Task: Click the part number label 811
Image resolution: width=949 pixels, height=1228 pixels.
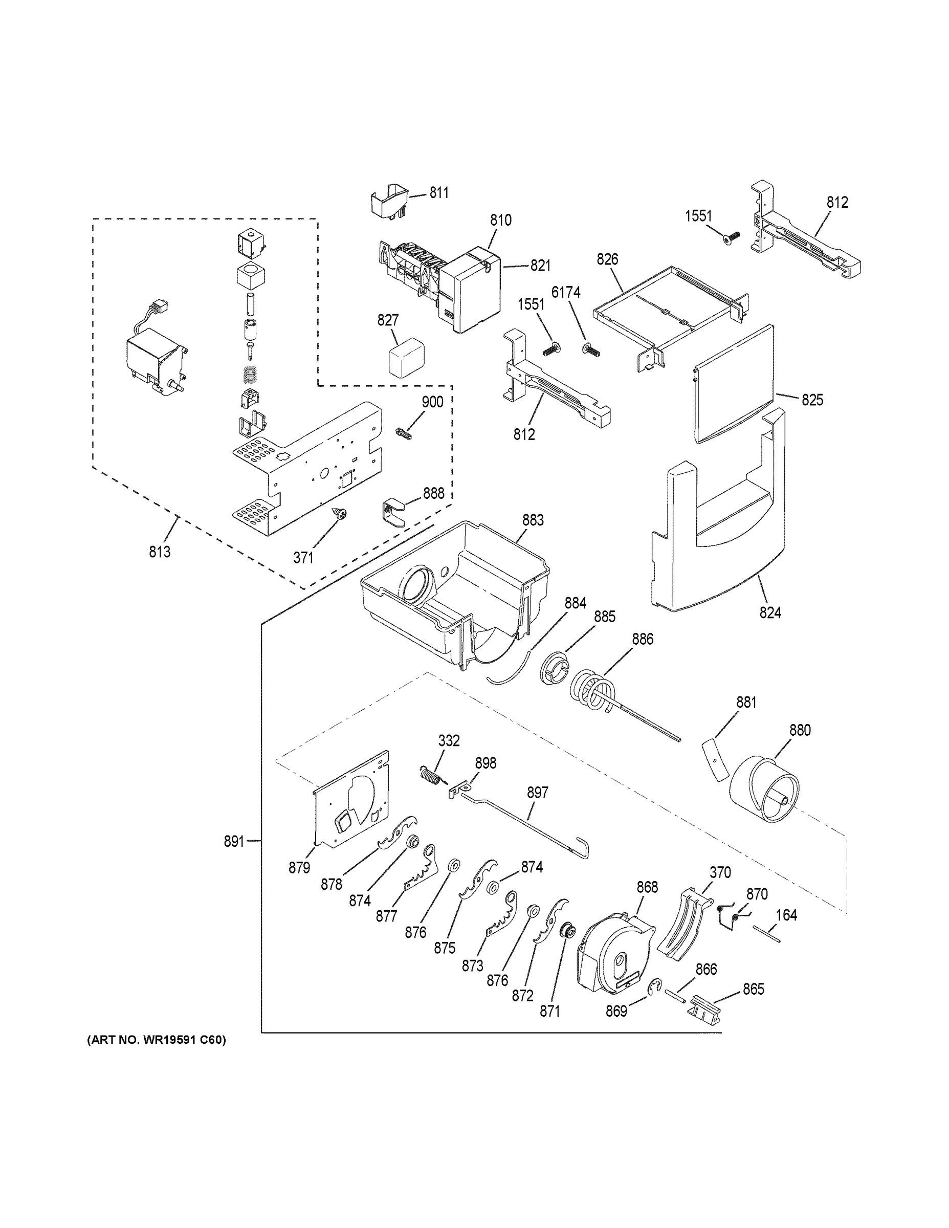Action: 439,193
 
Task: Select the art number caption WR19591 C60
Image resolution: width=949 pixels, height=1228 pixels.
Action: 157,1040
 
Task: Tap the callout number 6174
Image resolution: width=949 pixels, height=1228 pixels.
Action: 566,292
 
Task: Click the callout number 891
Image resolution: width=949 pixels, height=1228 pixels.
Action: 234,857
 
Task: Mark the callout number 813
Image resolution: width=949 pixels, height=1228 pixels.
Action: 160,552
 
